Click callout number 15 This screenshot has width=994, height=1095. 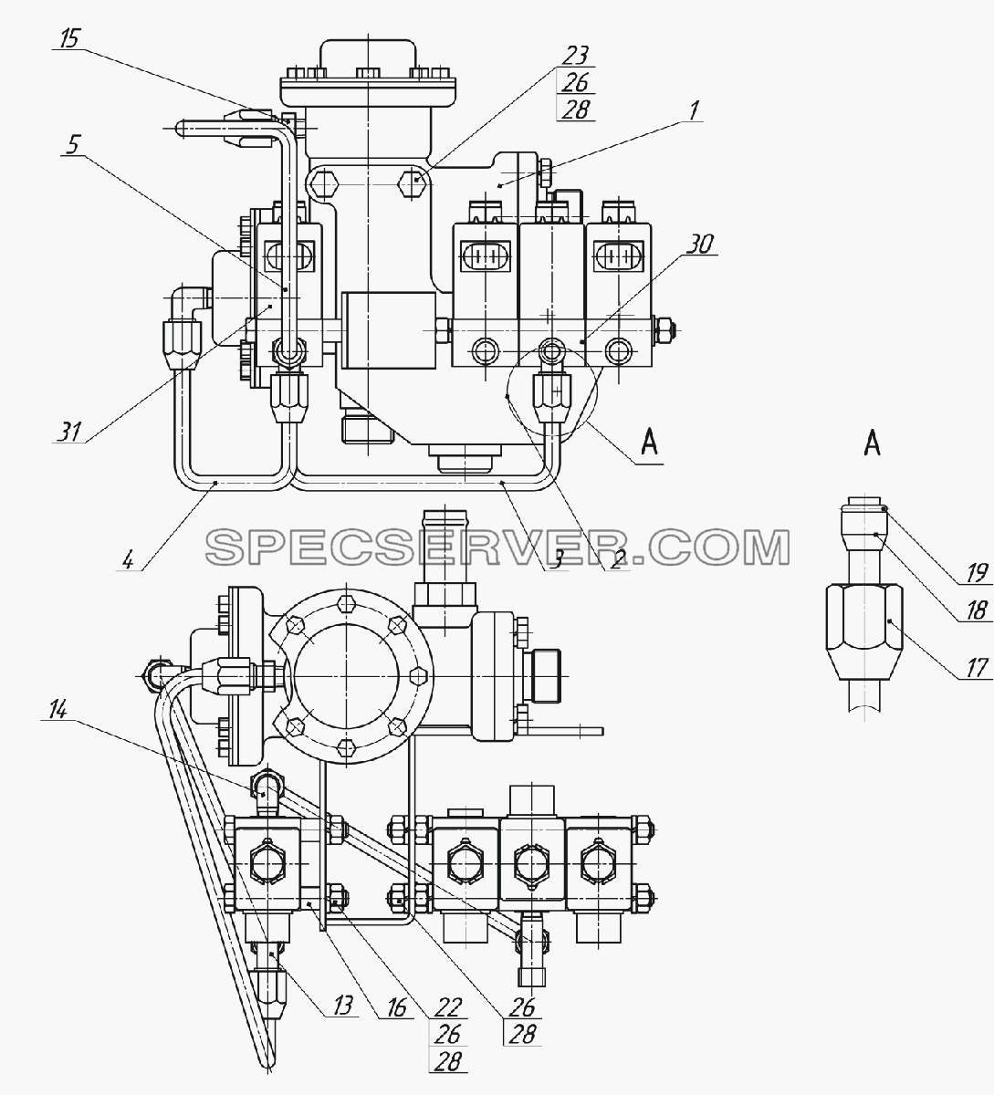click(x=70, y=40)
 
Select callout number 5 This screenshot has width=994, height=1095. click(x=73, y=145)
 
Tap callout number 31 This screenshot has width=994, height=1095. click(x=70, y=433)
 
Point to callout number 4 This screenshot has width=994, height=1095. click(x=128, y=560)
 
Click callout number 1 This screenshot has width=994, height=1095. click(x=693, y=110)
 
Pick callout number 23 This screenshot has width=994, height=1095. click(x=576, y=57)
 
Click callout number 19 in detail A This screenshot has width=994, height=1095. click(x=977, y=574)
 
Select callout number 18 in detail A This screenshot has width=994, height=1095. click(x=977, y=610)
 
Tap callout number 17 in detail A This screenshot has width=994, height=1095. click(x=977, y=668)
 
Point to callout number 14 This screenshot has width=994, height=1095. click(x=58, y=711)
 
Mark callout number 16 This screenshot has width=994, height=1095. click(x=397, y=1007)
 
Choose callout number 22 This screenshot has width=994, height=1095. click(x=449, y=1007)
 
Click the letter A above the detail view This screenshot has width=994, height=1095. click(x=873, y=443)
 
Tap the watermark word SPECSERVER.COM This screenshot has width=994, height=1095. click(x=497, y=547)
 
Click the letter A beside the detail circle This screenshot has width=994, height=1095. click(x=649, y=442)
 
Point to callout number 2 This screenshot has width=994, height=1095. click(x=617, y=560)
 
